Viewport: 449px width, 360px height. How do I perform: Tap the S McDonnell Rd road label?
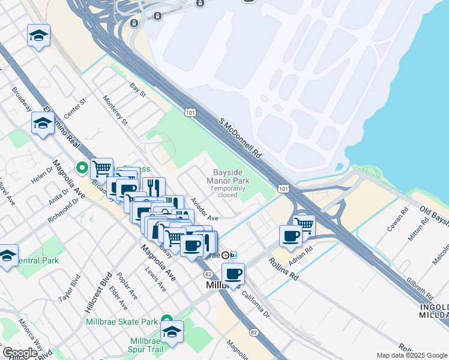241,138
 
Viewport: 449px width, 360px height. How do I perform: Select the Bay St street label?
138,90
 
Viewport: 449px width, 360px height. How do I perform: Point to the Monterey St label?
116,110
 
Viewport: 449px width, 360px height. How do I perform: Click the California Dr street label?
256,302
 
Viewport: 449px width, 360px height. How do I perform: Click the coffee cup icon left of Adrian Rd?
291,236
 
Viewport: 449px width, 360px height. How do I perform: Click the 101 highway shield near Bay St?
190,112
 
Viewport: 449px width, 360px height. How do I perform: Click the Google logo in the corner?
20,353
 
